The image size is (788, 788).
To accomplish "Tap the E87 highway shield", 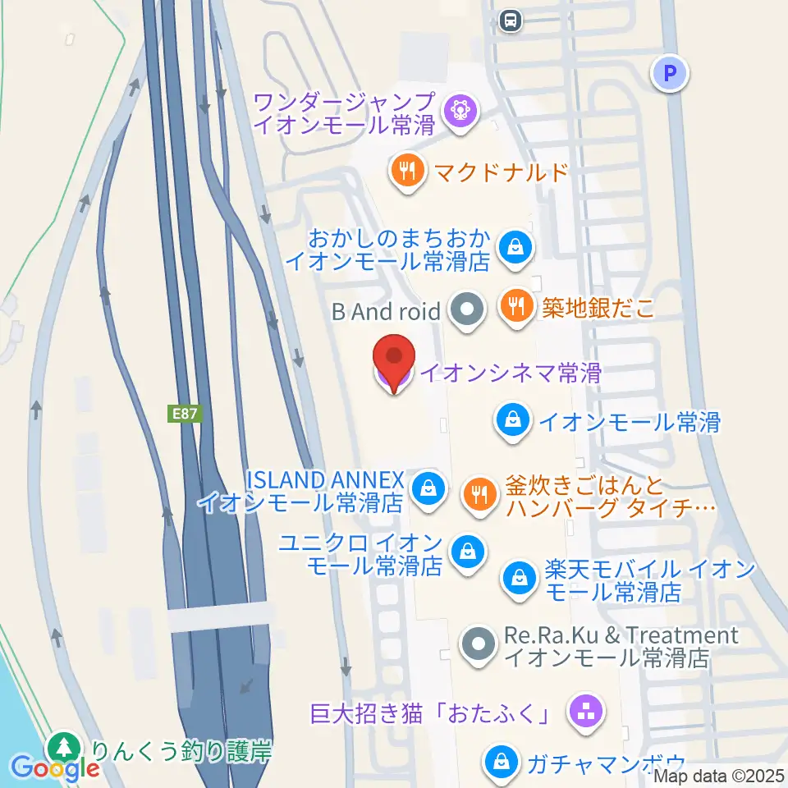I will pos(185,415).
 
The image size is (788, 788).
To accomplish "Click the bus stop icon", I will pos(511,19).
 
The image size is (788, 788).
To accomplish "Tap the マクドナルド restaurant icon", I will pos(407,172).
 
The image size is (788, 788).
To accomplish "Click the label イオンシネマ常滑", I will pos(511,373).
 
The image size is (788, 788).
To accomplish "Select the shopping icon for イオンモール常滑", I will pos(512,422).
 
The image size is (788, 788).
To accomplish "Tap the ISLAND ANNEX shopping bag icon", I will pos(428,488).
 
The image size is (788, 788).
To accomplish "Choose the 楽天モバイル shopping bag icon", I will pos(520,577).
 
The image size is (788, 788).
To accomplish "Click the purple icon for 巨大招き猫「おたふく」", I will pos(585,712).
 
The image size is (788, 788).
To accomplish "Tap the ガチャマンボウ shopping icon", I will pos(500,761).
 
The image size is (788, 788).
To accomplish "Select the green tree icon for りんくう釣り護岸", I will pos(63,749).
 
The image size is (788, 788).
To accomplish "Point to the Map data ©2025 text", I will pos(720,775).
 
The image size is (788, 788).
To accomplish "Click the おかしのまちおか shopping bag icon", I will pos(515,245).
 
